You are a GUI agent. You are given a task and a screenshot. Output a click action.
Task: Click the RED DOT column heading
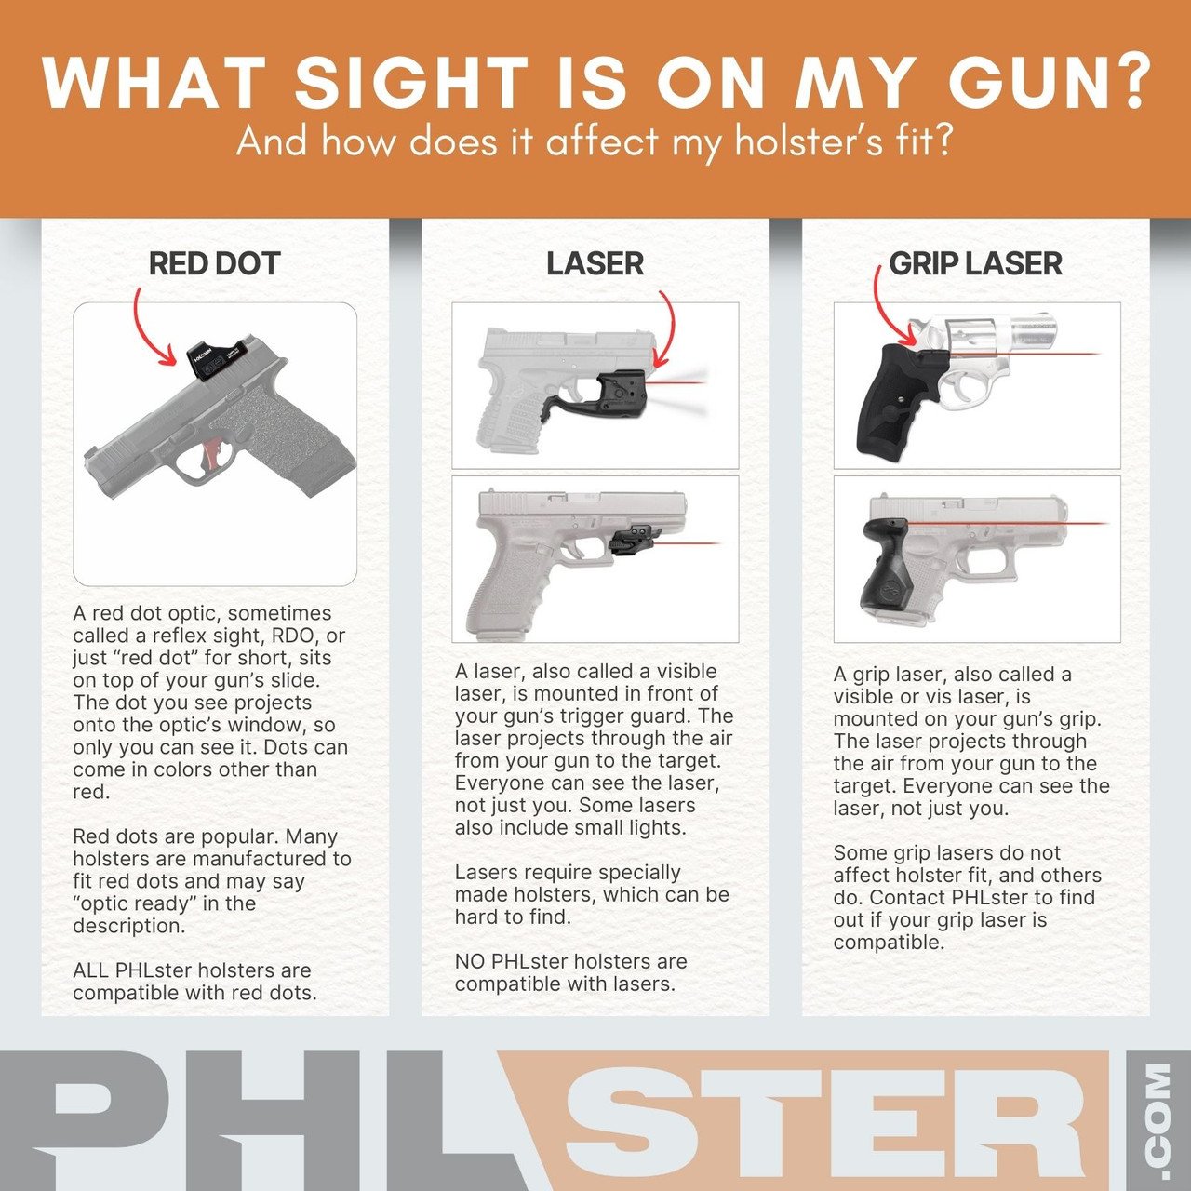(214, 263)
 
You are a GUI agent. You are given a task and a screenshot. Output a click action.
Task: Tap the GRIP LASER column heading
(975, 263)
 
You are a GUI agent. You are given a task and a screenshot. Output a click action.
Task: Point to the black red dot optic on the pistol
(218, 360)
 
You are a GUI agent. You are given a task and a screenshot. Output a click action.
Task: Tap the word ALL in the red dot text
(91, 970)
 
